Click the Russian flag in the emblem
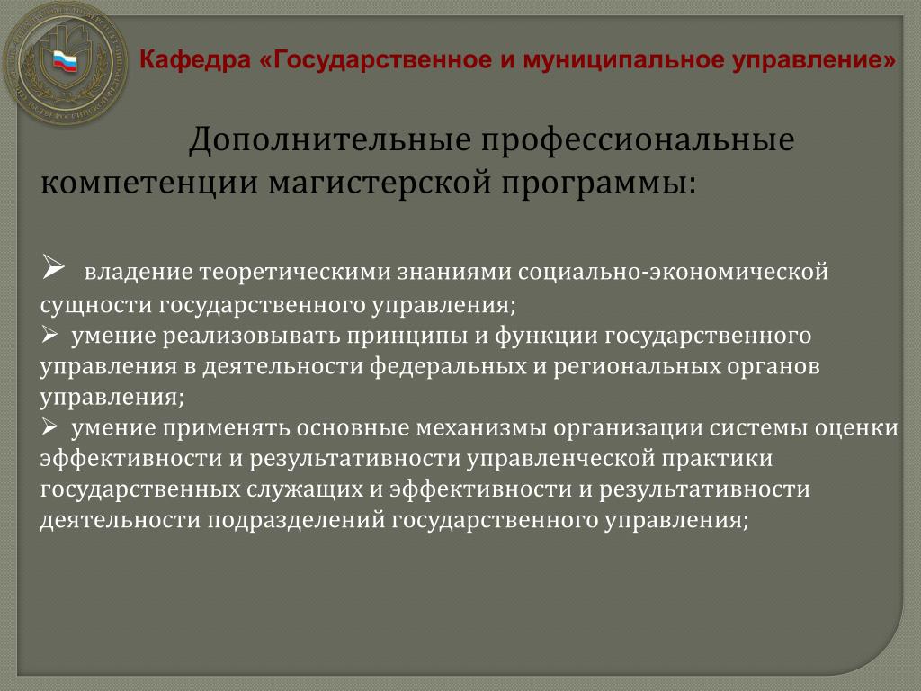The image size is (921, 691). (65, 60)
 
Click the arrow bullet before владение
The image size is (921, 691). (53, 267)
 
